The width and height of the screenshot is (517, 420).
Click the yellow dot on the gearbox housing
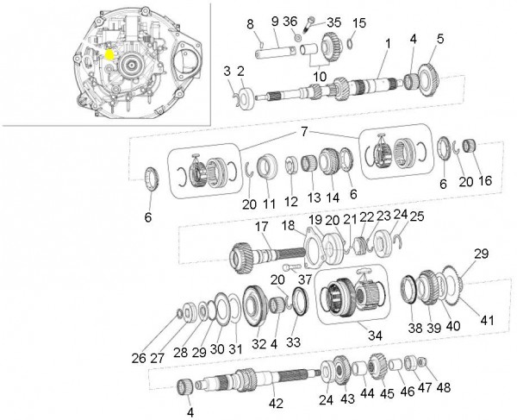pos(109,53)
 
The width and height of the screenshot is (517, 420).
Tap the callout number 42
pos(275,403)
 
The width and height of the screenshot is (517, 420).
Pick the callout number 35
pos(333,22)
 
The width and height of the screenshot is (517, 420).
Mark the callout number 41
pos(488,321)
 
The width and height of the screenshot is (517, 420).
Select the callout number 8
pos(251,22)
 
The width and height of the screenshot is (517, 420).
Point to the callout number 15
pos(359,22)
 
